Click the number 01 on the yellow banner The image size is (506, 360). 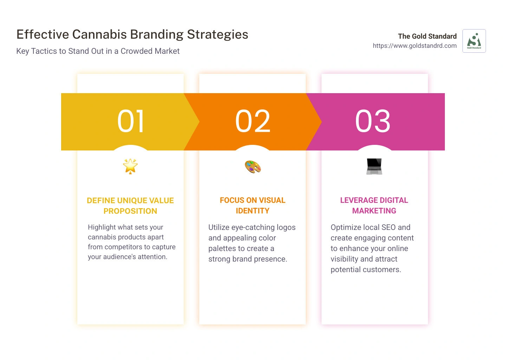[130, 121]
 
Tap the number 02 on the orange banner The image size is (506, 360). [253, 121]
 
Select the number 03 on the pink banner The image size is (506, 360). [373, 121]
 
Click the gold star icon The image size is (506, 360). [130, 166]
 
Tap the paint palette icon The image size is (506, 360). [253, 167]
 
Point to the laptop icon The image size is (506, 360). [374, 166]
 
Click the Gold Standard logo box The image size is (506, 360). [474, 41]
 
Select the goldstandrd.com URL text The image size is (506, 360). [415, 46]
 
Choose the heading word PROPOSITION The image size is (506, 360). [130, 211]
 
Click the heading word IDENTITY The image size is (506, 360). [253, 211]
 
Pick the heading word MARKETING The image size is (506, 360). [374, 211]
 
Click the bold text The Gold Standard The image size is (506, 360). [427, 36]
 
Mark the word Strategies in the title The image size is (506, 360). [218, 34]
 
